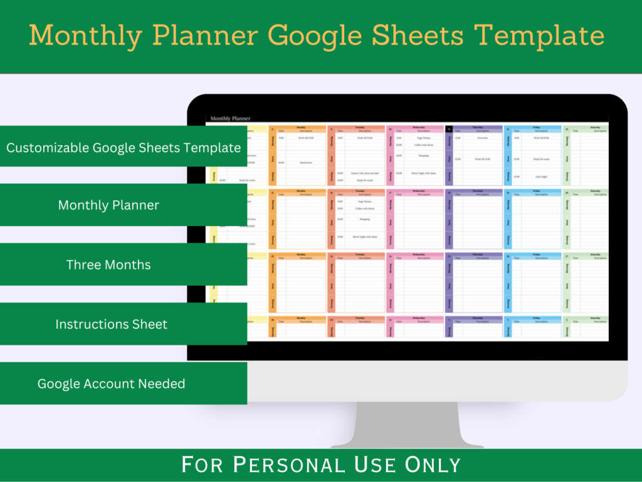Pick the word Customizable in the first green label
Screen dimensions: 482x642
click(x=48, y=148)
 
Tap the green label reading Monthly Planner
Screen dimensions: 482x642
click(x=108, y=205)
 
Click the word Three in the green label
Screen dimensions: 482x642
click(x=83, y=265)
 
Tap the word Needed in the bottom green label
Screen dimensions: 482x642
click(x=162, y=383)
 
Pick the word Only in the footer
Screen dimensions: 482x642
click(x=433, y=465)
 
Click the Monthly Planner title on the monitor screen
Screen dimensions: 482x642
click(x=230, y=118)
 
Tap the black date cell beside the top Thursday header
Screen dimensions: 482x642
click(x=449, y=129)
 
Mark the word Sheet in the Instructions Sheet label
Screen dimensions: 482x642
click(x=149, y=324)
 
